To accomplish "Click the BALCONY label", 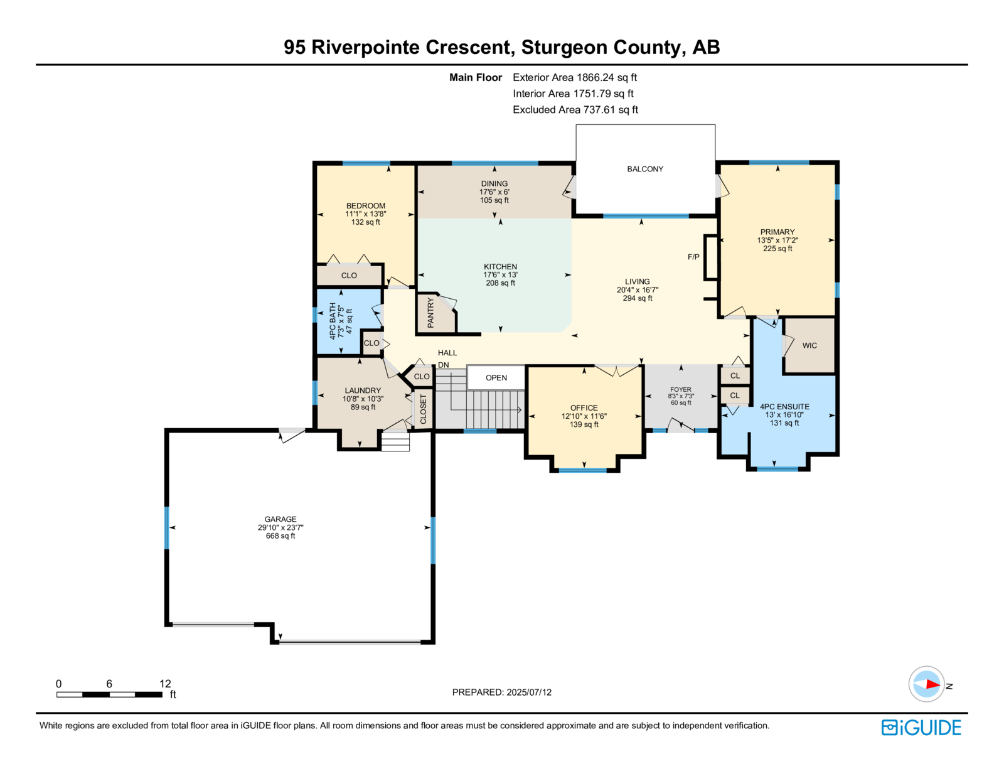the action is click(644, 169).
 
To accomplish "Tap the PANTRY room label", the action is click(430, 313).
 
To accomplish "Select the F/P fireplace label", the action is click(693, 257).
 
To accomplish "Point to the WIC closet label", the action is click(809, 346).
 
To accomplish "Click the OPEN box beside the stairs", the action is click(496, 378).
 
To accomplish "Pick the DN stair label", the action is click(443, 365).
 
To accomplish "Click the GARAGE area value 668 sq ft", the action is click(280, 536).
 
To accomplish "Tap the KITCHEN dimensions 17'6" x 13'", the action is click(500, 275).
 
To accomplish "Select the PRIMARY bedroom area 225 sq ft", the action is click(777, 249).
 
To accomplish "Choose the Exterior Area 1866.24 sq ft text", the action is click(574, 78).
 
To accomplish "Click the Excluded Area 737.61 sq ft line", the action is click(575, 110).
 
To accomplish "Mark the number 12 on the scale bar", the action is click(166, 684).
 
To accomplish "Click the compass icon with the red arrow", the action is click(926, 684).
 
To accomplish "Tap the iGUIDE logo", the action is click(921, 728).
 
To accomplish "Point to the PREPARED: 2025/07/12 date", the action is click(502, 692).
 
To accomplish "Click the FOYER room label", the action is click(681, 390).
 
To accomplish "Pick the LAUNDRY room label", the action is click(363, 391).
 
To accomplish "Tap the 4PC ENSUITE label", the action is click(784, 407).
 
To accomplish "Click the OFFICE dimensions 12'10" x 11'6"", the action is click(584, 416).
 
